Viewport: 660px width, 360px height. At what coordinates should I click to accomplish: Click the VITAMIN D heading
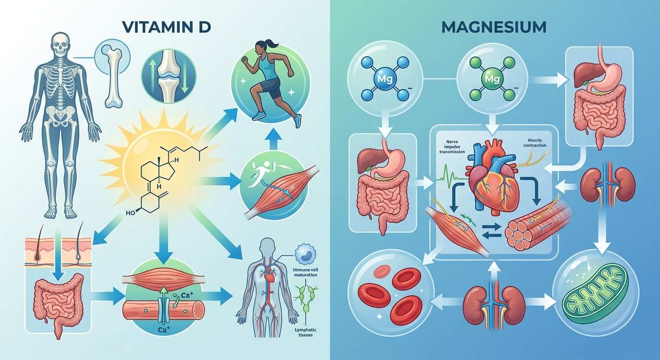(167, 27)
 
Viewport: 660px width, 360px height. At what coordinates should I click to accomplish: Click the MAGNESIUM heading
(494, 27)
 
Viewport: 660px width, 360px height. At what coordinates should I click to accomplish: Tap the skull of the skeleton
(60, 44)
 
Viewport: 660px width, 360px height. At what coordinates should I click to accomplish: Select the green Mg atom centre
(492, 79)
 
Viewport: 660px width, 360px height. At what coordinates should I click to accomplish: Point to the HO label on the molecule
(130, 213)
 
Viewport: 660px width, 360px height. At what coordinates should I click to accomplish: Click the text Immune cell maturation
(306, 272)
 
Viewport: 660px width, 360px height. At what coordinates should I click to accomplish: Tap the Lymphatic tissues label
(306, 332)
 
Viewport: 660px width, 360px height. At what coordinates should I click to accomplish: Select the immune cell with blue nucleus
(305, 254)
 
